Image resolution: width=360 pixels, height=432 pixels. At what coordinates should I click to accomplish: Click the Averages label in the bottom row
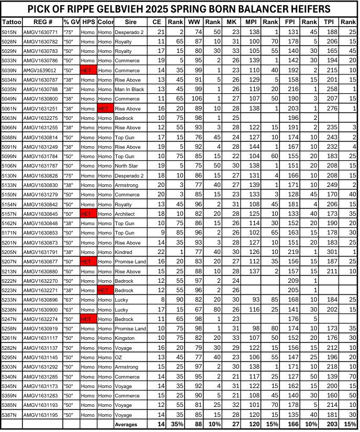(126, 425)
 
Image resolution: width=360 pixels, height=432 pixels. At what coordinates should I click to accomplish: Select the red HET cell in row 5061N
(104, 108)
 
